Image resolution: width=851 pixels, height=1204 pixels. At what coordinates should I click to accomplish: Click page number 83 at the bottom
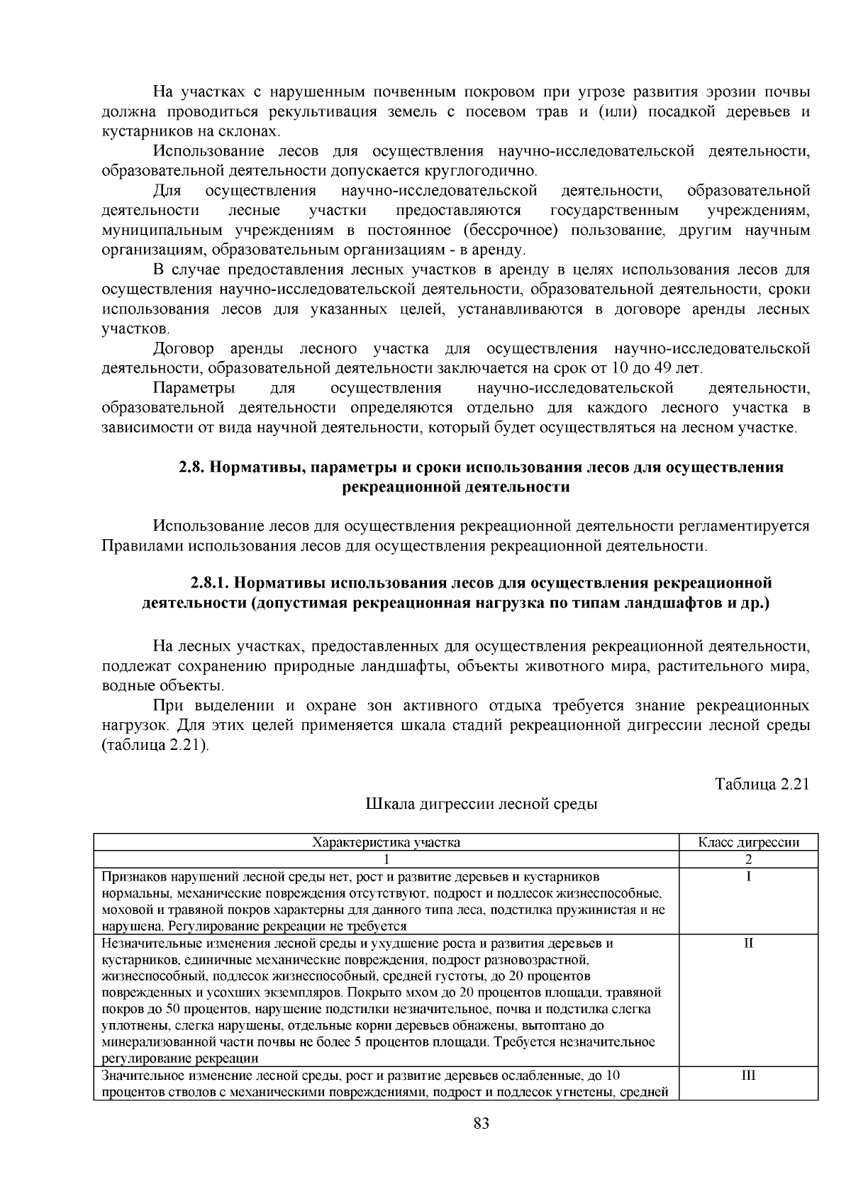point(481,1123)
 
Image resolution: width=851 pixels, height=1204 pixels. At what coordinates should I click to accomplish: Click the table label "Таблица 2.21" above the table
point(762,784)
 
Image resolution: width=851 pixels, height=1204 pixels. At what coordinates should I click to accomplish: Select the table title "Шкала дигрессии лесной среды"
point(481,804)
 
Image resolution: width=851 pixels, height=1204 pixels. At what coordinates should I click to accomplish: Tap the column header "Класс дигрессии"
point(748,842)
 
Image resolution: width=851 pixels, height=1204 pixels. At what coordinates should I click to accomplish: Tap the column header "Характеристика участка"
point(386,842)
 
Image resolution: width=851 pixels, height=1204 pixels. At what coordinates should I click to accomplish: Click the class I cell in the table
point(748,876)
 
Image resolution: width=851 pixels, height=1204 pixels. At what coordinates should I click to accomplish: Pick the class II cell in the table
point(748,943)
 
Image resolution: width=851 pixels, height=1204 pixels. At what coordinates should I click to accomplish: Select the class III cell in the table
point(748,1075)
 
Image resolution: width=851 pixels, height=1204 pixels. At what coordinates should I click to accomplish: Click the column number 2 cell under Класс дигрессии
point(748,858)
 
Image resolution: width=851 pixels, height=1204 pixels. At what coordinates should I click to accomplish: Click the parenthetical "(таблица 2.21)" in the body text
point(155,746)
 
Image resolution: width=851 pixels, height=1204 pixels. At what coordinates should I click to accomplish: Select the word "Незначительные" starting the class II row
point(145,944)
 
